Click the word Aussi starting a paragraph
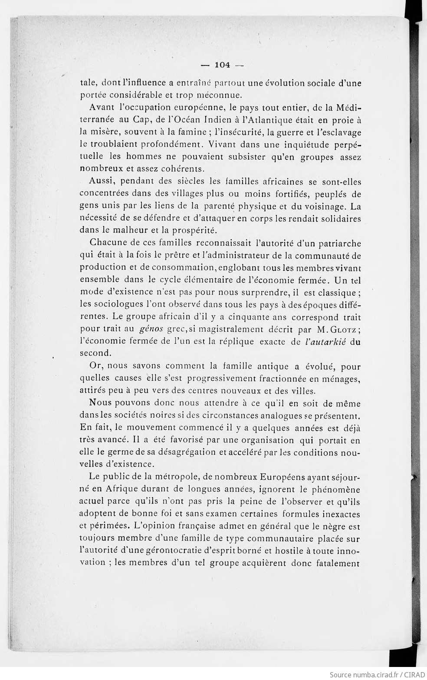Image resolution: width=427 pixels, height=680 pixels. coord(101,182)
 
